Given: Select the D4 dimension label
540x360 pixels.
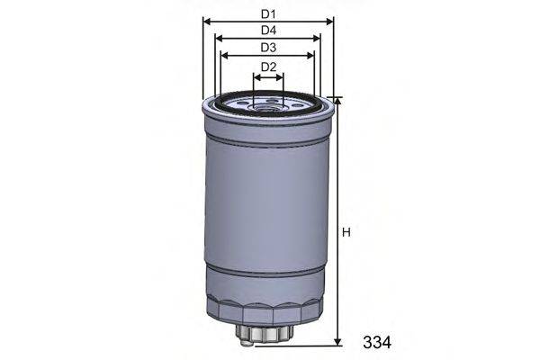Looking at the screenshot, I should click(x=268, y=31).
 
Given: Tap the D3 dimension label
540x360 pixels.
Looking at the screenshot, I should click(x=268, y=48).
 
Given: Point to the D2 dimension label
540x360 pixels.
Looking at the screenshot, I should click(x=268, y=67).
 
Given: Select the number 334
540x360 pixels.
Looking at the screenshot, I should click(x=378, y=342).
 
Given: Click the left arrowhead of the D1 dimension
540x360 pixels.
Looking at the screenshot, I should click(x=207, y=21).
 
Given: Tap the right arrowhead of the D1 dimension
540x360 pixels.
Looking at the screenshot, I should click(x=329, y=21).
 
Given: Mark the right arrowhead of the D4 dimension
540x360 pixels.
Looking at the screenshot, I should click(x=317, y=39).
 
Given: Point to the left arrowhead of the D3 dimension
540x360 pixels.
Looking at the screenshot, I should click(x=225, y=56).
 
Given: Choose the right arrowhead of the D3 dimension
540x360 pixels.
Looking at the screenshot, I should click(x=311, y=56).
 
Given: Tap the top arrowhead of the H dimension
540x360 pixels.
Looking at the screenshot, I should click(x=337, y=102).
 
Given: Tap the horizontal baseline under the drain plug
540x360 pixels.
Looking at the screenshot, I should click(x=297, y=346).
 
